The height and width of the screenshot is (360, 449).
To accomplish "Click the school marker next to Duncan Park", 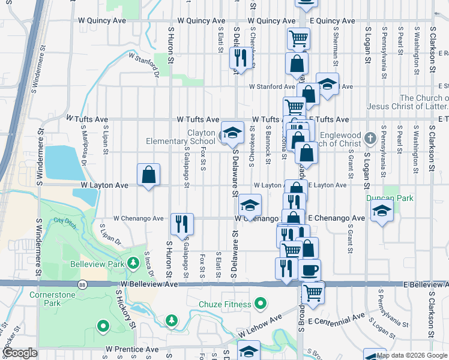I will pos(381,212).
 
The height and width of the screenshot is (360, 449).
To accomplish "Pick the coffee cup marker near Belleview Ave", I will pos(310,271).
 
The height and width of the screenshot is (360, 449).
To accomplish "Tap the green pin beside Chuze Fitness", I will pos(260,304).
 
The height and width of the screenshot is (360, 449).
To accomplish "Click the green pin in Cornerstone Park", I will pos(103,326).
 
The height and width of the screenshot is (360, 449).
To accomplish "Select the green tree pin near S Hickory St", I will pos(172,320).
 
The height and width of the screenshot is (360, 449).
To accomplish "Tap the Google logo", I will pos(20,353).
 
